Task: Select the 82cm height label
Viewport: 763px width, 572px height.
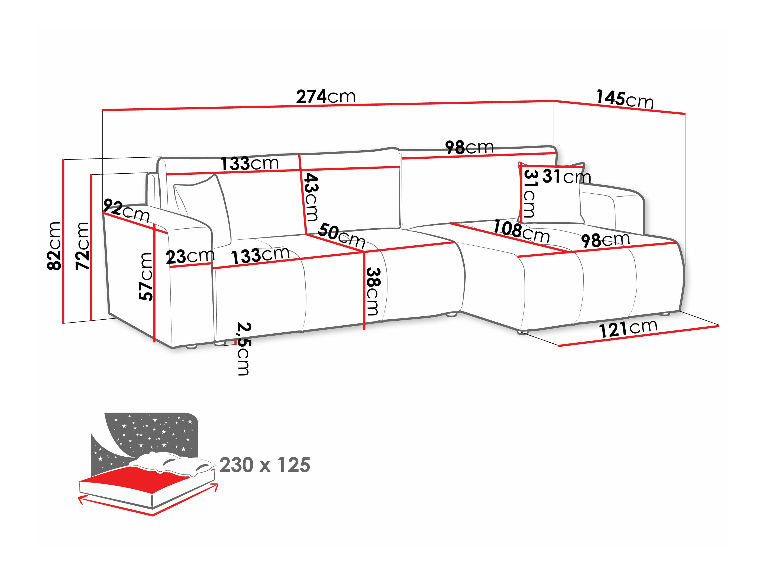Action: (54, 245)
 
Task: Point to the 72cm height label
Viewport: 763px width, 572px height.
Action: (82, 245)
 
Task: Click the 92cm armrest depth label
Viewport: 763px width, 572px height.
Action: (126, 211)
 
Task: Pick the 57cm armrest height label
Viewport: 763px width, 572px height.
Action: (146, 277)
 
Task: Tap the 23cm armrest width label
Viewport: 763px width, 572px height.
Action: (190, 256)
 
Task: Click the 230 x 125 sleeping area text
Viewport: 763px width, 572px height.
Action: (264, 465)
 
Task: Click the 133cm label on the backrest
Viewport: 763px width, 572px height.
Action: (249, 163)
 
